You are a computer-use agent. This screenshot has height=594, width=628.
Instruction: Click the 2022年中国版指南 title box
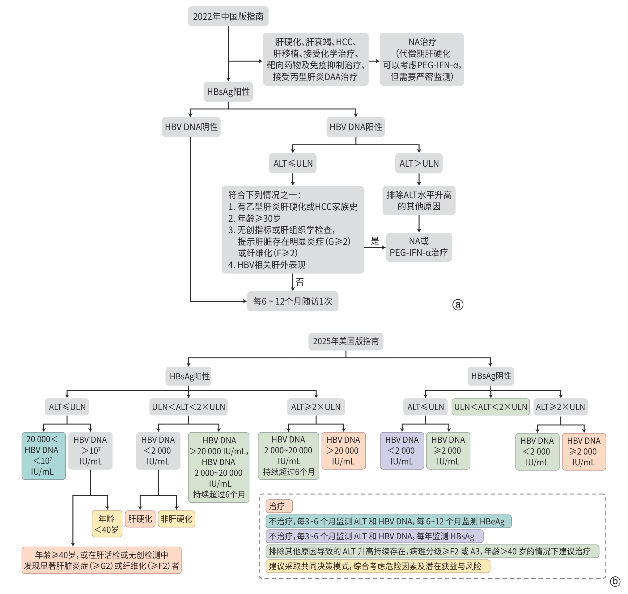228,16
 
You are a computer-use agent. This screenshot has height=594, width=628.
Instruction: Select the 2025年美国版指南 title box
346,341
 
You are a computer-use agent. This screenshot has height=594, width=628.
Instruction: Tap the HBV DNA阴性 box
191,127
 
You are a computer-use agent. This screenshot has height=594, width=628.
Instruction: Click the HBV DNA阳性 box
355,127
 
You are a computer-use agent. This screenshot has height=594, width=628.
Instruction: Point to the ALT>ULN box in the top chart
418,163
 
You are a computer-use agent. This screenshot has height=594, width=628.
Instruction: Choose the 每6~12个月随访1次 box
292,301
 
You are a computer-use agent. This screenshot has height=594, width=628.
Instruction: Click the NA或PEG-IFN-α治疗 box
418,247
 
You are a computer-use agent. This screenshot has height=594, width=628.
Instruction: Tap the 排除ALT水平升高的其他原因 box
418,200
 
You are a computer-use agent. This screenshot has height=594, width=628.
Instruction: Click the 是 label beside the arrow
375,241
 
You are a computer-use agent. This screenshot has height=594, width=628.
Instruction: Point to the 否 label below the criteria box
299,281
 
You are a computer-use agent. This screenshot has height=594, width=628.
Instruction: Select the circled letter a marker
457,305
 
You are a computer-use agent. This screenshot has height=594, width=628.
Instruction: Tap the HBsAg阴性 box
491,376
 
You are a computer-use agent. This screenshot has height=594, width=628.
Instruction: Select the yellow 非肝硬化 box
176,519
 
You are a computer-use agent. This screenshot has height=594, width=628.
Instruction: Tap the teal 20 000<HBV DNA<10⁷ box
43,456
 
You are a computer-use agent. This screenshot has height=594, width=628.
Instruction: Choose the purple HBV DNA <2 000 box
402,451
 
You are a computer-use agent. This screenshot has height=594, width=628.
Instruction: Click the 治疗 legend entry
278,506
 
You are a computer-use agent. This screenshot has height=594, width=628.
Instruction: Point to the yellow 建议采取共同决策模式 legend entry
377,566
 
